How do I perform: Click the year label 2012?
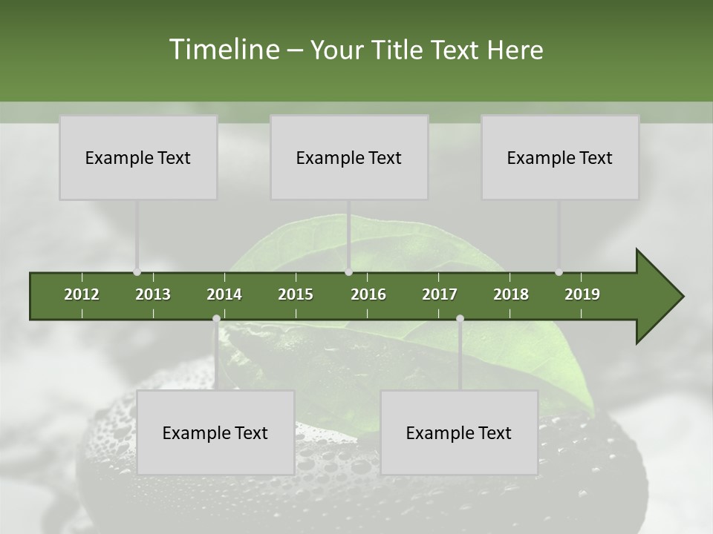pos(82,294)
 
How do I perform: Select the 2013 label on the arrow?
pos(153,294)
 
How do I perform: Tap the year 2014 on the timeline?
pos(224,294)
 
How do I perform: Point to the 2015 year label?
pos(296,294)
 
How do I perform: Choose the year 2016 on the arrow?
pos(368,294)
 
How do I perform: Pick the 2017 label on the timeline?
pos(440,294)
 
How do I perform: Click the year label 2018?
pos(511,294)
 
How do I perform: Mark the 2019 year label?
pos(582,294)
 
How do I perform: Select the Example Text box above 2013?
pos(138,157)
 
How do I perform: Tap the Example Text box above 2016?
pos(349,157)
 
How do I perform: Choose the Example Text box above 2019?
pos(560,157)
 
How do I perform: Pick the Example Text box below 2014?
pos(215,432)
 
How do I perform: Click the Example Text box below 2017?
pos(459,432)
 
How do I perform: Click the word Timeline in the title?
pos(224,50)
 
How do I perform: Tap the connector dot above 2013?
pos(137,272)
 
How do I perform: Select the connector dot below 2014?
pos(216,319)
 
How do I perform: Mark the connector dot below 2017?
pos(460,319)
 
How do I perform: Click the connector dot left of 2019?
pos(559,272)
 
